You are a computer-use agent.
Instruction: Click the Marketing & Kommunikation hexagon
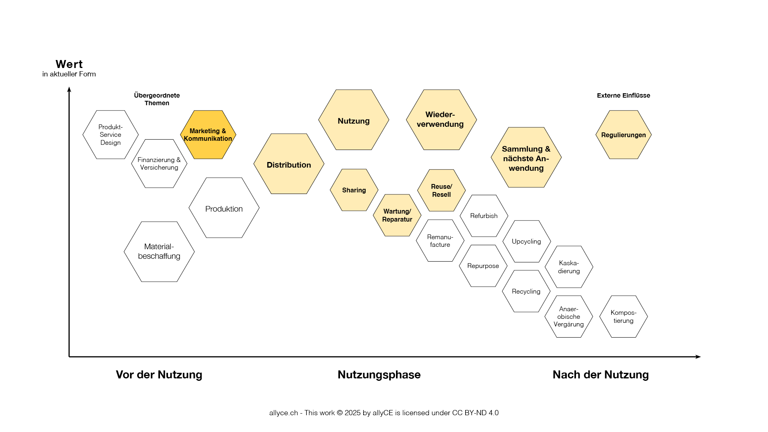click(208, 135)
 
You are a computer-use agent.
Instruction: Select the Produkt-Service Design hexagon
click(110, 135)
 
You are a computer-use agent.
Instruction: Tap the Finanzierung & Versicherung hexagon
click(159, 164)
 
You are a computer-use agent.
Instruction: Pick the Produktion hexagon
click(224, 208)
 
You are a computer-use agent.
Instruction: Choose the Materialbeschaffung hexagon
click(159, 252)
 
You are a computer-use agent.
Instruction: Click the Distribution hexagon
click(289, 164)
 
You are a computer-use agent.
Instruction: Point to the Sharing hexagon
click(354, 190)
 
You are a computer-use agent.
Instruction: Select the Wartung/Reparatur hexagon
click(397, 215)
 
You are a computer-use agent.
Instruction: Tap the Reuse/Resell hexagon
click(442, 190)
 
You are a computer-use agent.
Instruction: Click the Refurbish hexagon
click(484, 216)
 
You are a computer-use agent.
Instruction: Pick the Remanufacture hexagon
click(440, 241)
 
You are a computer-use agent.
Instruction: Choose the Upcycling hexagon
click(526, 242)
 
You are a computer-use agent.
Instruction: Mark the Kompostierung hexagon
click(624, 316)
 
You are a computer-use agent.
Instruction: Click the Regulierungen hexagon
click(624, 135)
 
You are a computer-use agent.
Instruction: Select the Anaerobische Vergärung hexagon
click(569, 316)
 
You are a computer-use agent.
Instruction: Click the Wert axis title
click(69, 64)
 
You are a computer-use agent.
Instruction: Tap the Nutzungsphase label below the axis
click(379, 375)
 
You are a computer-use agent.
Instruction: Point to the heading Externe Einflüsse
click(624, 95)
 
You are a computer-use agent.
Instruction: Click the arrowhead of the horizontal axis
click(698, 357)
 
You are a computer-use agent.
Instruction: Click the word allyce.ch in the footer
click(284, 413)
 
